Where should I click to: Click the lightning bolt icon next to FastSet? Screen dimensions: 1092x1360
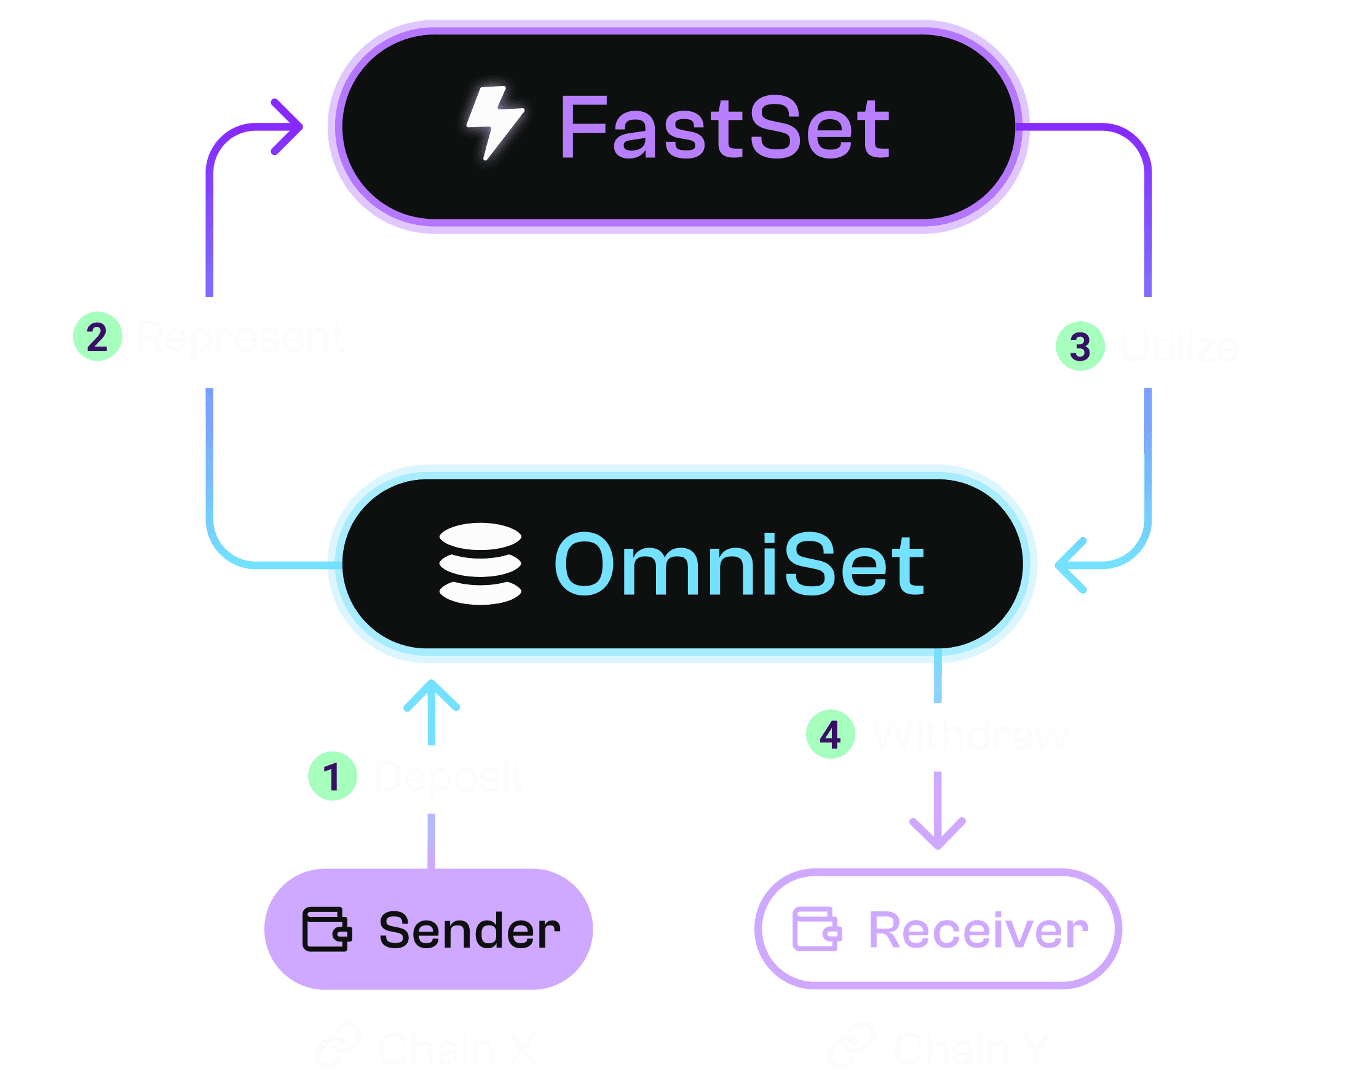[x=494, y=123]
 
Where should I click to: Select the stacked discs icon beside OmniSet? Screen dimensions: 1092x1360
[x=480, y=564]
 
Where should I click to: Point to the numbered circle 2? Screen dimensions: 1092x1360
[x=97, y=337]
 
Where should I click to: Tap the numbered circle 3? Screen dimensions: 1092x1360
[x=1080, y=347]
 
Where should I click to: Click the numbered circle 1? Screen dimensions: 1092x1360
[x=333, y=776]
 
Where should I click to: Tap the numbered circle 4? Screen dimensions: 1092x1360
[x=830, y=734]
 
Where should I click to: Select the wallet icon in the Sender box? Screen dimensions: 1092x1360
[x=326, y=929]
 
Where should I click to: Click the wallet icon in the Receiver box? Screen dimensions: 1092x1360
[x=816, y=929]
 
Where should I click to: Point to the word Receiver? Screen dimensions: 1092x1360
[x=978, y=930]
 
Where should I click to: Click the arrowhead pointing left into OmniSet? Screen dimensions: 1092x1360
[x=1070, y=565]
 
